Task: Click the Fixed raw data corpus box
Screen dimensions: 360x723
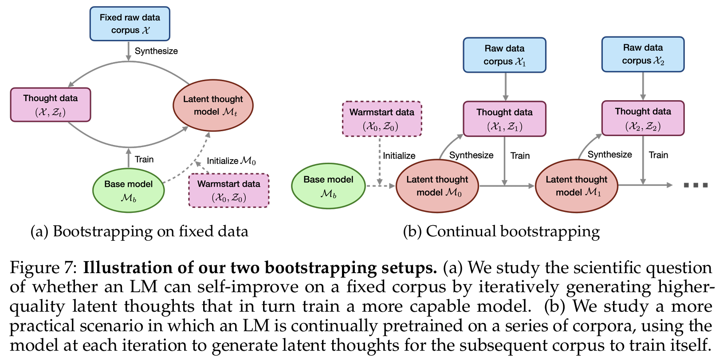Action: pos(130,24)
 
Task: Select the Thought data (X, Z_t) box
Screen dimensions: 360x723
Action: pos(51,105)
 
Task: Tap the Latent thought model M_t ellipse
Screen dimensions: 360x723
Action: pos(213,106)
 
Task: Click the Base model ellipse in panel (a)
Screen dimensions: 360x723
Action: pos(129,191)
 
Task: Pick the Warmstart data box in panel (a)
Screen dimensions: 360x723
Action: pos(229,191)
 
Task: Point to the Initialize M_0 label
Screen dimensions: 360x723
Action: pos(231,161)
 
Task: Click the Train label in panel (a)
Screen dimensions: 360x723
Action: pos(144,160)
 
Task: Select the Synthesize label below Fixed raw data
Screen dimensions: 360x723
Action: pos(156,51)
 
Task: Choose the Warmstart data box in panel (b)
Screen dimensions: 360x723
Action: pos(382,119)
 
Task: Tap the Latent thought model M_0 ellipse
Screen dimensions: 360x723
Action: pos(437,186)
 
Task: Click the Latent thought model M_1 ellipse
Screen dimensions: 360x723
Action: pos(576,186)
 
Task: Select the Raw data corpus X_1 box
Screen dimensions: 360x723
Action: pos(504,55)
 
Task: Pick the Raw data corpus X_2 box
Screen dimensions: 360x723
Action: pos(643,54)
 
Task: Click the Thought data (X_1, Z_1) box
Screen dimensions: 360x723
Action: pos(504,119)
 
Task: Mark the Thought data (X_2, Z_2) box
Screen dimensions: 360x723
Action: pos(643,118)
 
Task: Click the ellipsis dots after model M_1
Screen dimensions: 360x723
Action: pos(695,185)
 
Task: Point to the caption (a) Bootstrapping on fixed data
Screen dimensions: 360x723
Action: pos(139,231)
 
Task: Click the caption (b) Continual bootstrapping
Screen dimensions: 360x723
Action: pos(501,231)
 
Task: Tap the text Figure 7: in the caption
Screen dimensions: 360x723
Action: pos(44,268)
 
